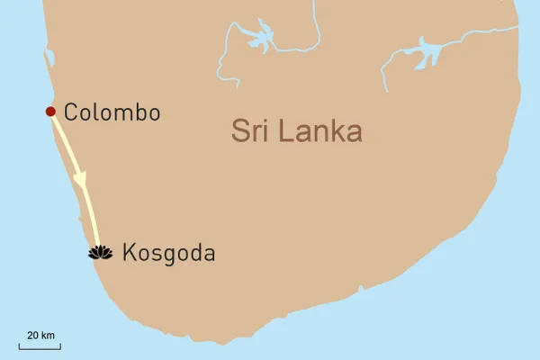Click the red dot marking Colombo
pos(50,112)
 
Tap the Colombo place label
pos(112,112)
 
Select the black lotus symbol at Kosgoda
pos(99,253)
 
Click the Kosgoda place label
pos(168,254)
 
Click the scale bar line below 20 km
pos(37,346)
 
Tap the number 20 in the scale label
pos(31,335)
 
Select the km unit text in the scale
pos(48,335)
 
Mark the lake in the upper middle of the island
pos(259,40)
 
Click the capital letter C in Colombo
pos(73,112)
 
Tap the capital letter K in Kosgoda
pos(127,254)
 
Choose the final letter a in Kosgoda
pos(210,255)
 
